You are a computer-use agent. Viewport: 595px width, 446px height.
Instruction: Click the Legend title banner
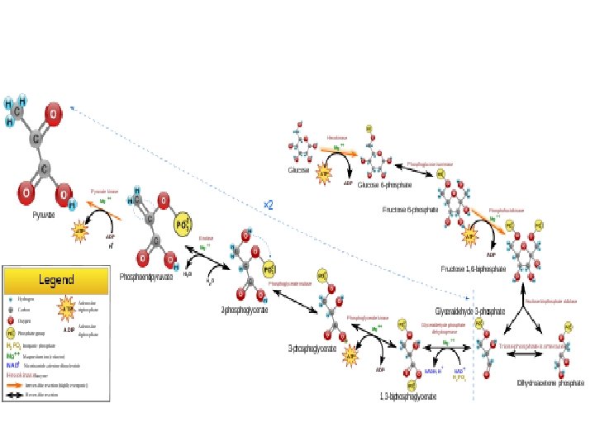pos(56,280)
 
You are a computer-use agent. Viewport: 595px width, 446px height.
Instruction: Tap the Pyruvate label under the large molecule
pos(44,214)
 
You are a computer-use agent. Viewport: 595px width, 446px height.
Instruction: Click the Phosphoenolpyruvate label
pos(146,277)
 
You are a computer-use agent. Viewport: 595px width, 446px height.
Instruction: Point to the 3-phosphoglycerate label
pos(312,349)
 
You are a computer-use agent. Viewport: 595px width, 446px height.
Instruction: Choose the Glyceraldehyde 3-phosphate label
pos(469,311)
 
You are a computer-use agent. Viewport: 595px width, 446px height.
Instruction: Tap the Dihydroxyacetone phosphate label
pos(545,383)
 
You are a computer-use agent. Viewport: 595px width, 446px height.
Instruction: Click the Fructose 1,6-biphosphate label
pos(474,269)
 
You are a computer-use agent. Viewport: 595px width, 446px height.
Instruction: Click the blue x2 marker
pos(268,203)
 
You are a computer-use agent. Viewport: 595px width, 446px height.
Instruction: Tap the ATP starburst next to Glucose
pos(324,173)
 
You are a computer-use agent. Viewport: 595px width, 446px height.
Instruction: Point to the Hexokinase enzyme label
pos(337,138)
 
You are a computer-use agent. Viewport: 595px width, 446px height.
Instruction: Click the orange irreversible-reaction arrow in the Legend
pos(26,385)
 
